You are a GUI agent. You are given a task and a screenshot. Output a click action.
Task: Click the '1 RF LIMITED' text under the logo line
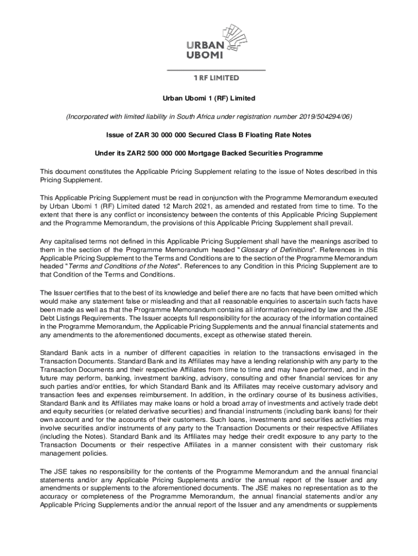216,78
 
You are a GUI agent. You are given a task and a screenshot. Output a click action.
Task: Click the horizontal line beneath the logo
216,71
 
